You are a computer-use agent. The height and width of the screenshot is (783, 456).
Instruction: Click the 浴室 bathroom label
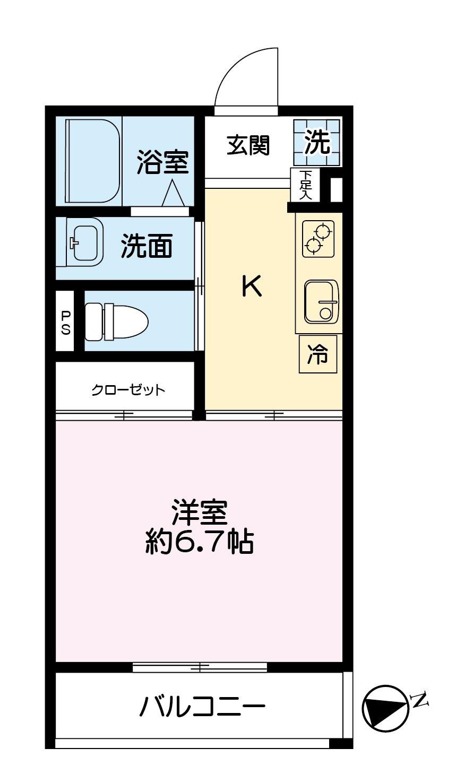tap(162, 162)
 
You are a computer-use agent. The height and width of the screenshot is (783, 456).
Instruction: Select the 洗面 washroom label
tap(147, 246)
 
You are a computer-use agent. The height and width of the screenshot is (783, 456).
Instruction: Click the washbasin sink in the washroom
tap(85, 243)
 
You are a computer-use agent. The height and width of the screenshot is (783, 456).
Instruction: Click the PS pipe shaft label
tap(65, 322)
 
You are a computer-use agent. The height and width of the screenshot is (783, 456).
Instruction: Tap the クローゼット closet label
tap(127, 390)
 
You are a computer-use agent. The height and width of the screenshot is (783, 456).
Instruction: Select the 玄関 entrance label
tap(248, 145)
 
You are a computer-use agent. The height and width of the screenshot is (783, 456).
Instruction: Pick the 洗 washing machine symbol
tap(317, 142)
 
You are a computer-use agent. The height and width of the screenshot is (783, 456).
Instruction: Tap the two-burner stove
tap(318, 238)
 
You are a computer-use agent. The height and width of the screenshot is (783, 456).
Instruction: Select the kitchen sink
tap(321, 302)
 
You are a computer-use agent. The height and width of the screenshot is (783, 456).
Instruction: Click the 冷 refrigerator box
tap(318, 354)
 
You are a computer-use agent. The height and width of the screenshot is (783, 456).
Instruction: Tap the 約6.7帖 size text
tap(199, 542)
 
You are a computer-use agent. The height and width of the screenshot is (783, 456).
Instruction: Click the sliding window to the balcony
tap(199, 667)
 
